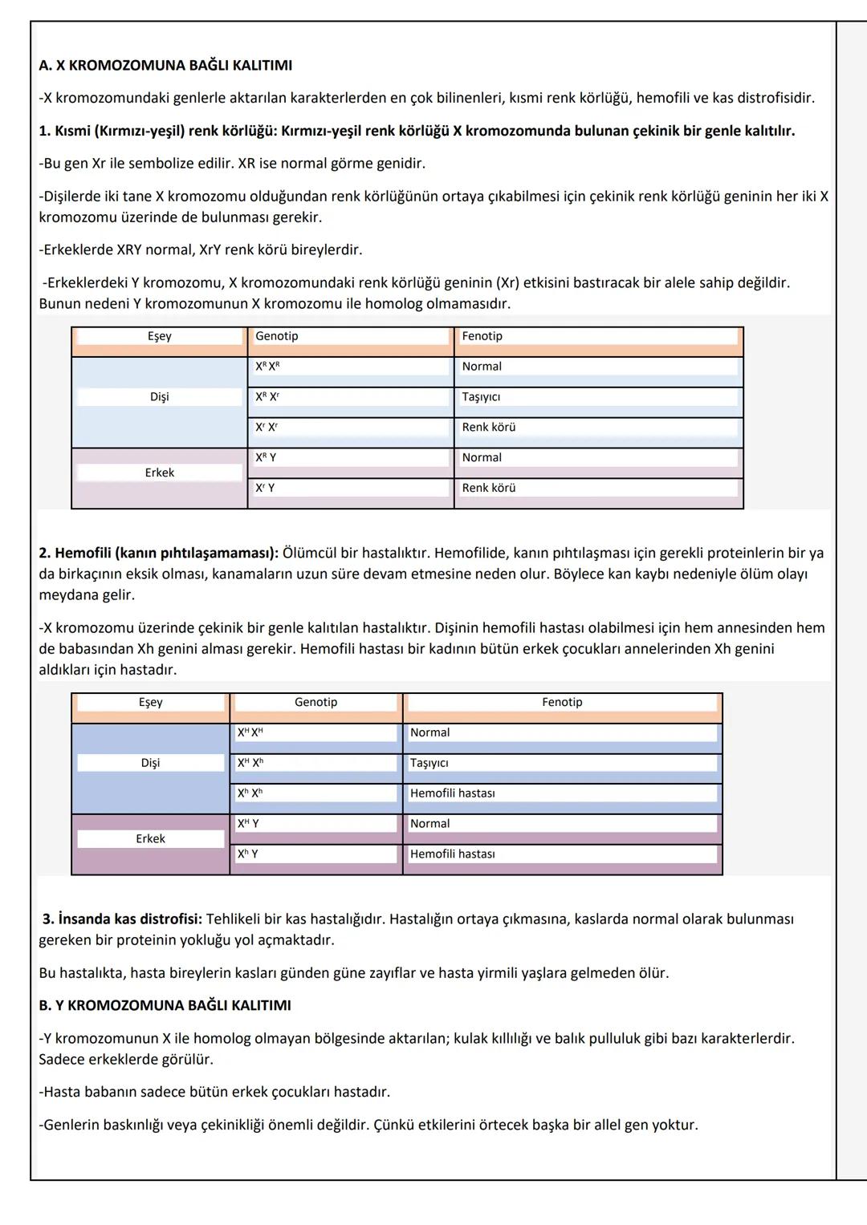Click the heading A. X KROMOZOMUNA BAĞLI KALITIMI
(165, 65)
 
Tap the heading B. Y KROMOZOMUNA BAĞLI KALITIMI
(165, 1005)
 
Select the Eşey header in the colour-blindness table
(159, 336)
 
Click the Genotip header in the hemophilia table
(315, 702)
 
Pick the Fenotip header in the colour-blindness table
(482, 336)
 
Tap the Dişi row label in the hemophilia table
(150, 763)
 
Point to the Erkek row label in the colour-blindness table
(159, 473)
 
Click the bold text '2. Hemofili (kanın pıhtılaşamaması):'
(158, 553)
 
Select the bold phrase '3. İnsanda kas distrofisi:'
(124, 919)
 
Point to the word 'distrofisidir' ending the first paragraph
(771, 98)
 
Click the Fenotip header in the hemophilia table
(562, 702)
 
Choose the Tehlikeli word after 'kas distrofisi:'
(234, 919)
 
